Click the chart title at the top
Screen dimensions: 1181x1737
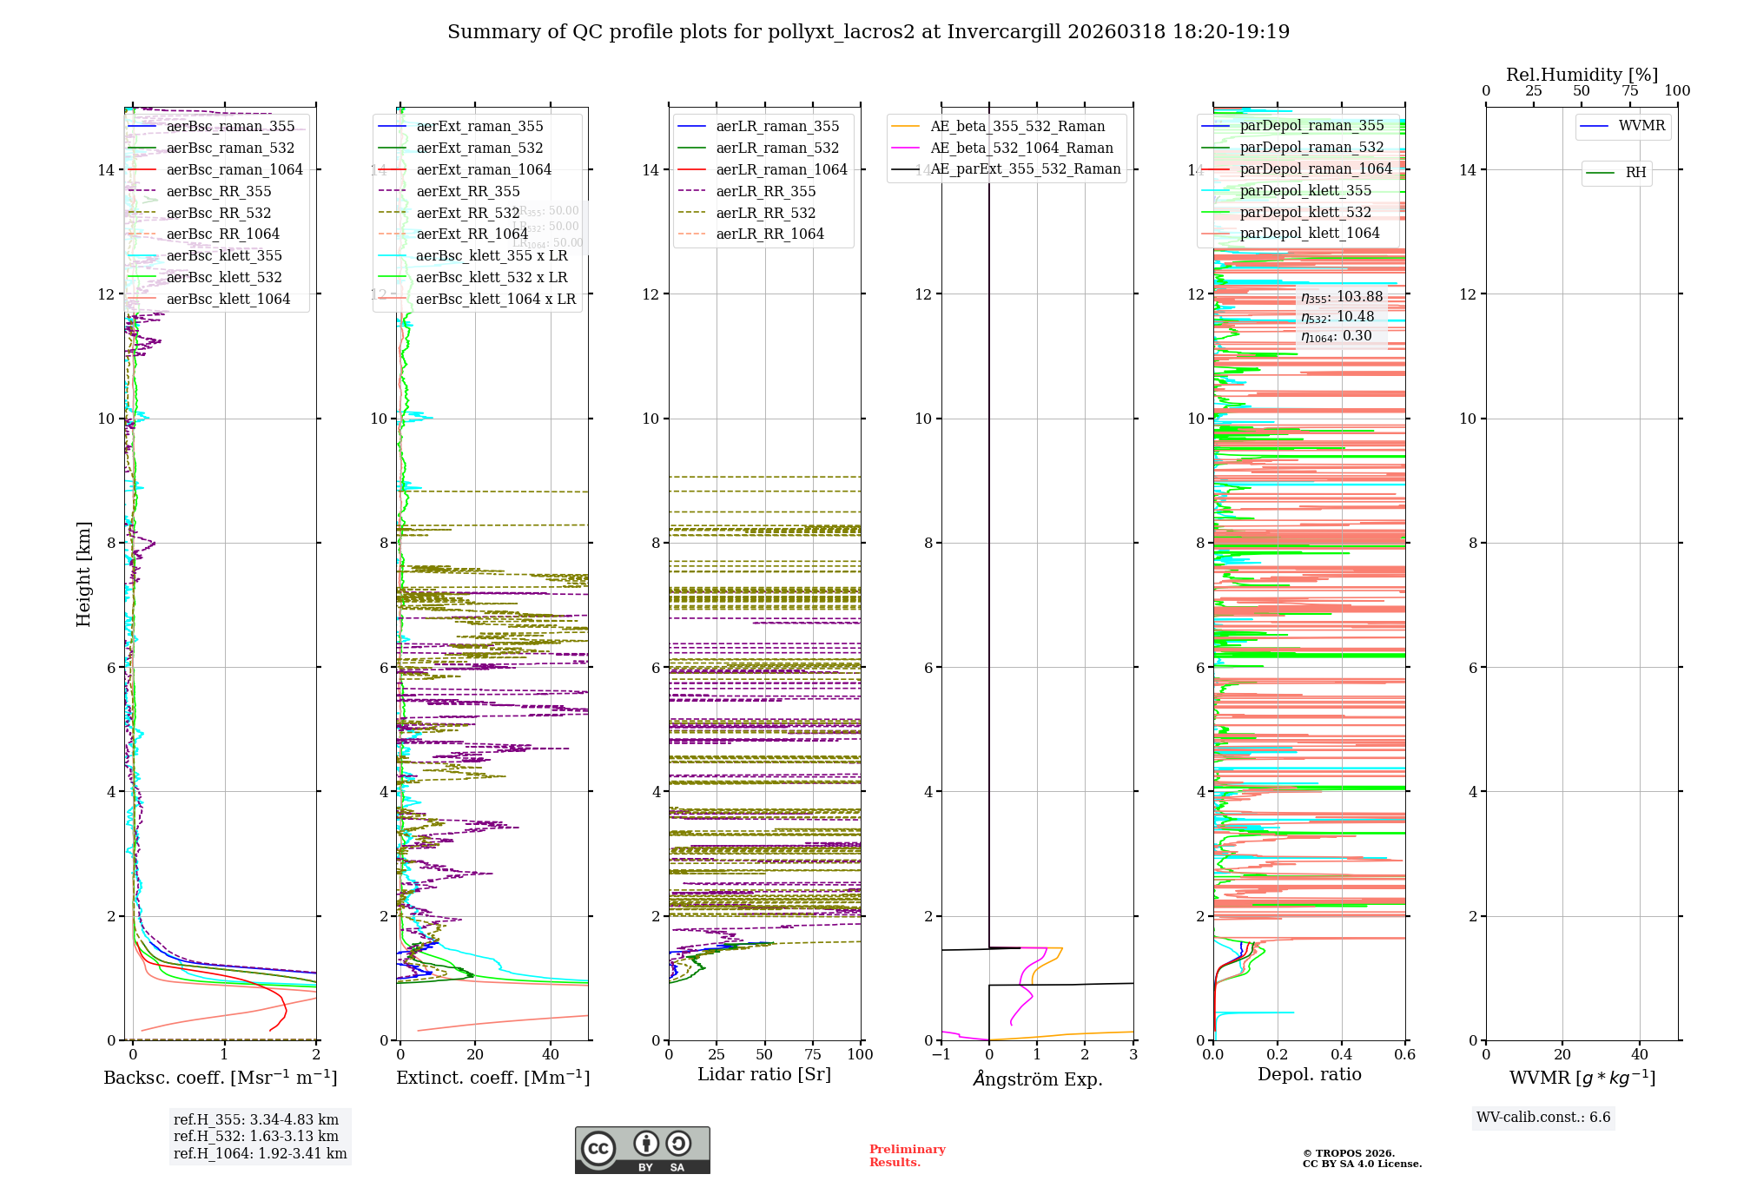868,32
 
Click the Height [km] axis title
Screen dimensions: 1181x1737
83,573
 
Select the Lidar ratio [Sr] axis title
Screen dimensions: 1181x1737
764,1075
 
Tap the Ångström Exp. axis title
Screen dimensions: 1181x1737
1037,1079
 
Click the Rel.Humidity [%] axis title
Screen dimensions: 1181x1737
1582,75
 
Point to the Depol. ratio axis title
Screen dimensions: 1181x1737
1309,1075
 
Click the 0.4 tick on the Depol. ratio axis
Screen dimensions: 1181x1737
1341,1055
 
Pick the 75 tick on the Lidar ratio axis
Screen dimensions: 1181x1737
813,1055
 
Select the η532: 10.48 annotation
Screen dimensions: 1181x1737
1337,317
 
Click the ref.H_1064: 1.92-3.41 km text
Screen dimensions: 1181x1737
260,1154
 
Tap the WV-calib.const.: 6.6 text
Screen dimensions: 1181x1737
1543,1118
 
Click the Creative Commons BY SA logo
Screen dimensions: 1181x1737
642,1151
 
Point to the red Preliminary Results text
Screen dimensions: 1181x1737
907,1156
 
